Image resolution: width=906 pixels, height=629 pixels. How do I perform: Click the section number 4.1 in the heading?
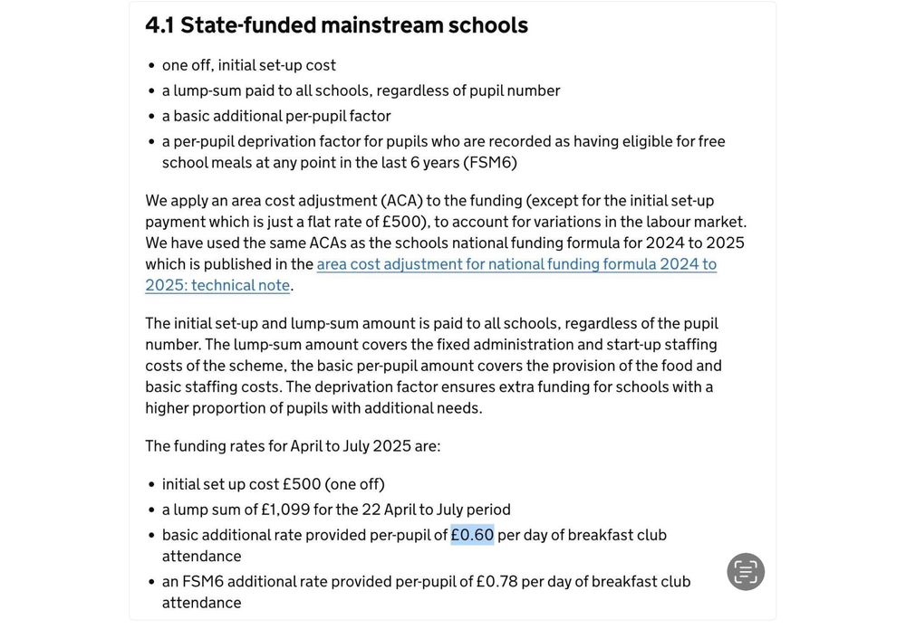click(x=159, y=25)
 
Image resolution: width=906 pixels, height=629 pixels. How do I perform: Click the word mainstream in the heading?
click(x=381, y=25)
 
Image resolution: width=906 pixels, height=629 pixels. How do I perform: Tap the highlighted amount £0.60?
click(x=472, y=535)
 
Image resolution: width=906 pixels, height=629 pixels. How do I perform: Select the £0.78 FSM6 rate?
click(x=496, y=581)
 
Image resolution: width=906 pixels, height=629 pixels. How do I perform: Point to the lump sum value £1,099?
click(x=285, y=510)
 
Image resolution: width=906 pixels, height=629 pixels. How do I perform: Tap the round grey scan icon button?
click(x=746, y=572)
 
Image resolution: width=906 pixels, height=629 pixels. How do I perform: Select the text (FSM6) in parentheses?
click(x=490, y=163)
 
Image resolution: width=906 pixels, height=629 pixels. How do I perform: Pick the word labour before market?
click(x=668, y=222)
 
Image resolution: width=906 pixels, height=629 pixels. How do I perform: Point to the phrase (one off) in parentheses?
click(x=354, y=484)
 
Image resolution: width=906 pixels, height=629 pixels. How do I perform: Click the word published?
click(x=237, y=264)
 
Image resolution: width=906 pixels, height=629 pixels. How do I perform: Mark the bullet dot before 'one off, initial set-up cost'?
click(x=150, y=66)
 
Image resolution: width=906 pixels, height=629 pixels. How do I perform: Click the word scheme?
click(x=256, y=366)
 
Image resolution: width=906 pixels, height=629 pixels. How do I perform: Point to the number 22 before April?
click(x=371, y=510)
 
